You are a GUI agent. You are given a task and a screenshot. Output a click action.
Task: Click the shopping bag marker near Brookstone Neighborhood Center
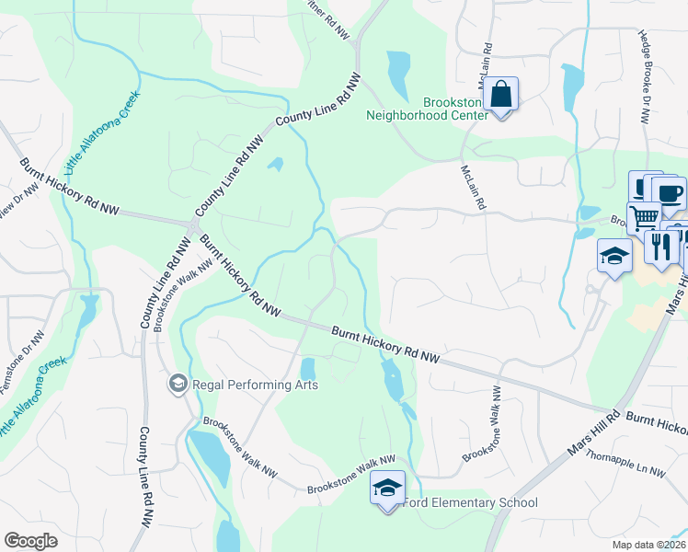501,94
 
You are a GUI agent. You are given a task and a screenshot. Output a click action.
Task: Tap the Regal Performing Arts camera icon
178,383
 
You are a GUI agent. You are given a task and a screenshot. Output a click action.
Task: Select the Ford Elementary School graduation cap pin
387,487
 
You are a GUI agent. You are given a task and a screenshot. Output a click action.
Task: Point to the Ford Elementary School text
472,503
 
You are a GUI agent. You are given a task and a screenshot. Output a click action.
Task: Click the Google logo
30,541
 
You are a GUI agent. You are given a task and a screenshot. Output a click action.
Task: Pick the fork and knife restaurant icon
661,245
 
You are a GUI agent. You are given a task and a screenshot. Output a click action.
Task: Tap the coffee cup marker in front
669,193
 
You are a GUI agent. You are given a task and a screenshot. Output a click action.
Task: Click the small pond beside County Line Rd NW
275,166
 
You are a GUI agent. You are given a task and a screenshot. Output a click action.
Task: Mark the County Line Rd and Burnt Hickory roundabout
194,225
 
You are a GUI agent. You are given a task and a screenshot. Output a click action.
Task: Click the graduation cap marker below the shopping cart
613,256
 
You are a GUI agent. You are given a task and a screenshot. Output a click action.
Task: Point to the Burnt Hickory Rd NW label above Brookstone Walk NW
238,273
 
